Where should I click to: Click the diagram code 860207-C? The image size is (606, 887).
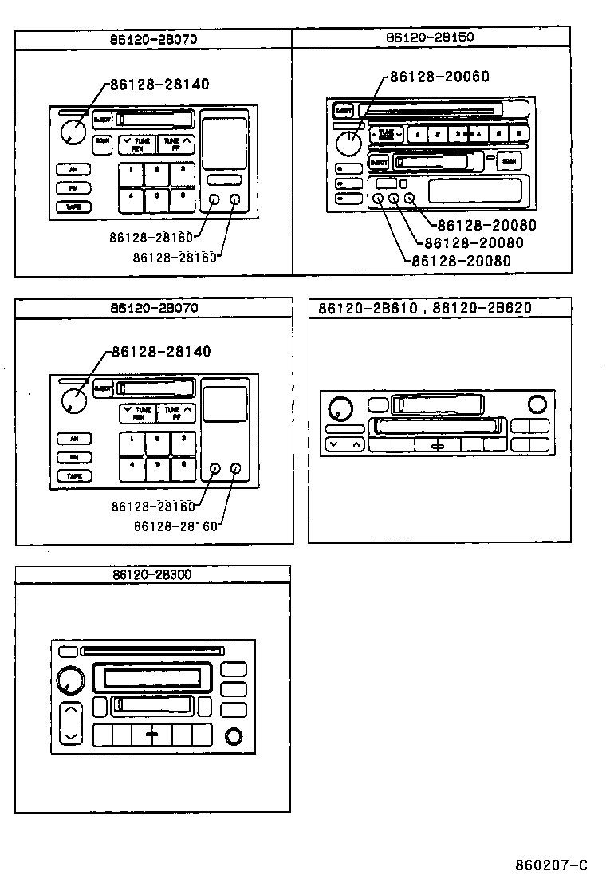551,866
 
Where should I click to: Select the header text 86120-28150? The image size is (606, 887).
431,37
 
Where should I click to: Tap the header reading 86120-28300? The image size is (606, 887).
151,574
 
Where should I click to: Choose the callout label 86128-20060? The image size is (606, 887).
439,77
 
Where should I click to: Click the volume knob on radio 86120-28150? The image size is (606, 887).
348,144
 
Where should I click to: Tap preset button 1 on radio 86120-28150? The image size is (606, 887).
418,134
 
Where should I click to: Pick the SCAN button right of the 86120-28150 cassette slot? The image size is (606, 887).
509,162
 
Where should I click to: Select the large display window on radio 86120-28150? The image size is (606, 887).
475,190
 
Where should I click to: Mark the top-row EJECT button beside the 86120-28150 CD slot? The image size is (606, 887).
343,110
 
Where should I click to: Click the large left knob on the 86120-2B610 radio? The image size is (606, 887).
340,410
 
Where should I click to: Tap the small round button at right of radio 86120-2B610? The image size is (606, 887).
537,404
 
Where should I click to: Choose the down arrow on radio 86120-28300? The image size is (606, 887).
71,735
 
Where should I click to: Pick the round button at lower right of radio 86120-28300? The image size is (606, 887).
234,736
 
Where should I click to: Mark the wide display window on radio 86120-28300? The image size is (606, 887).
151,678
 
